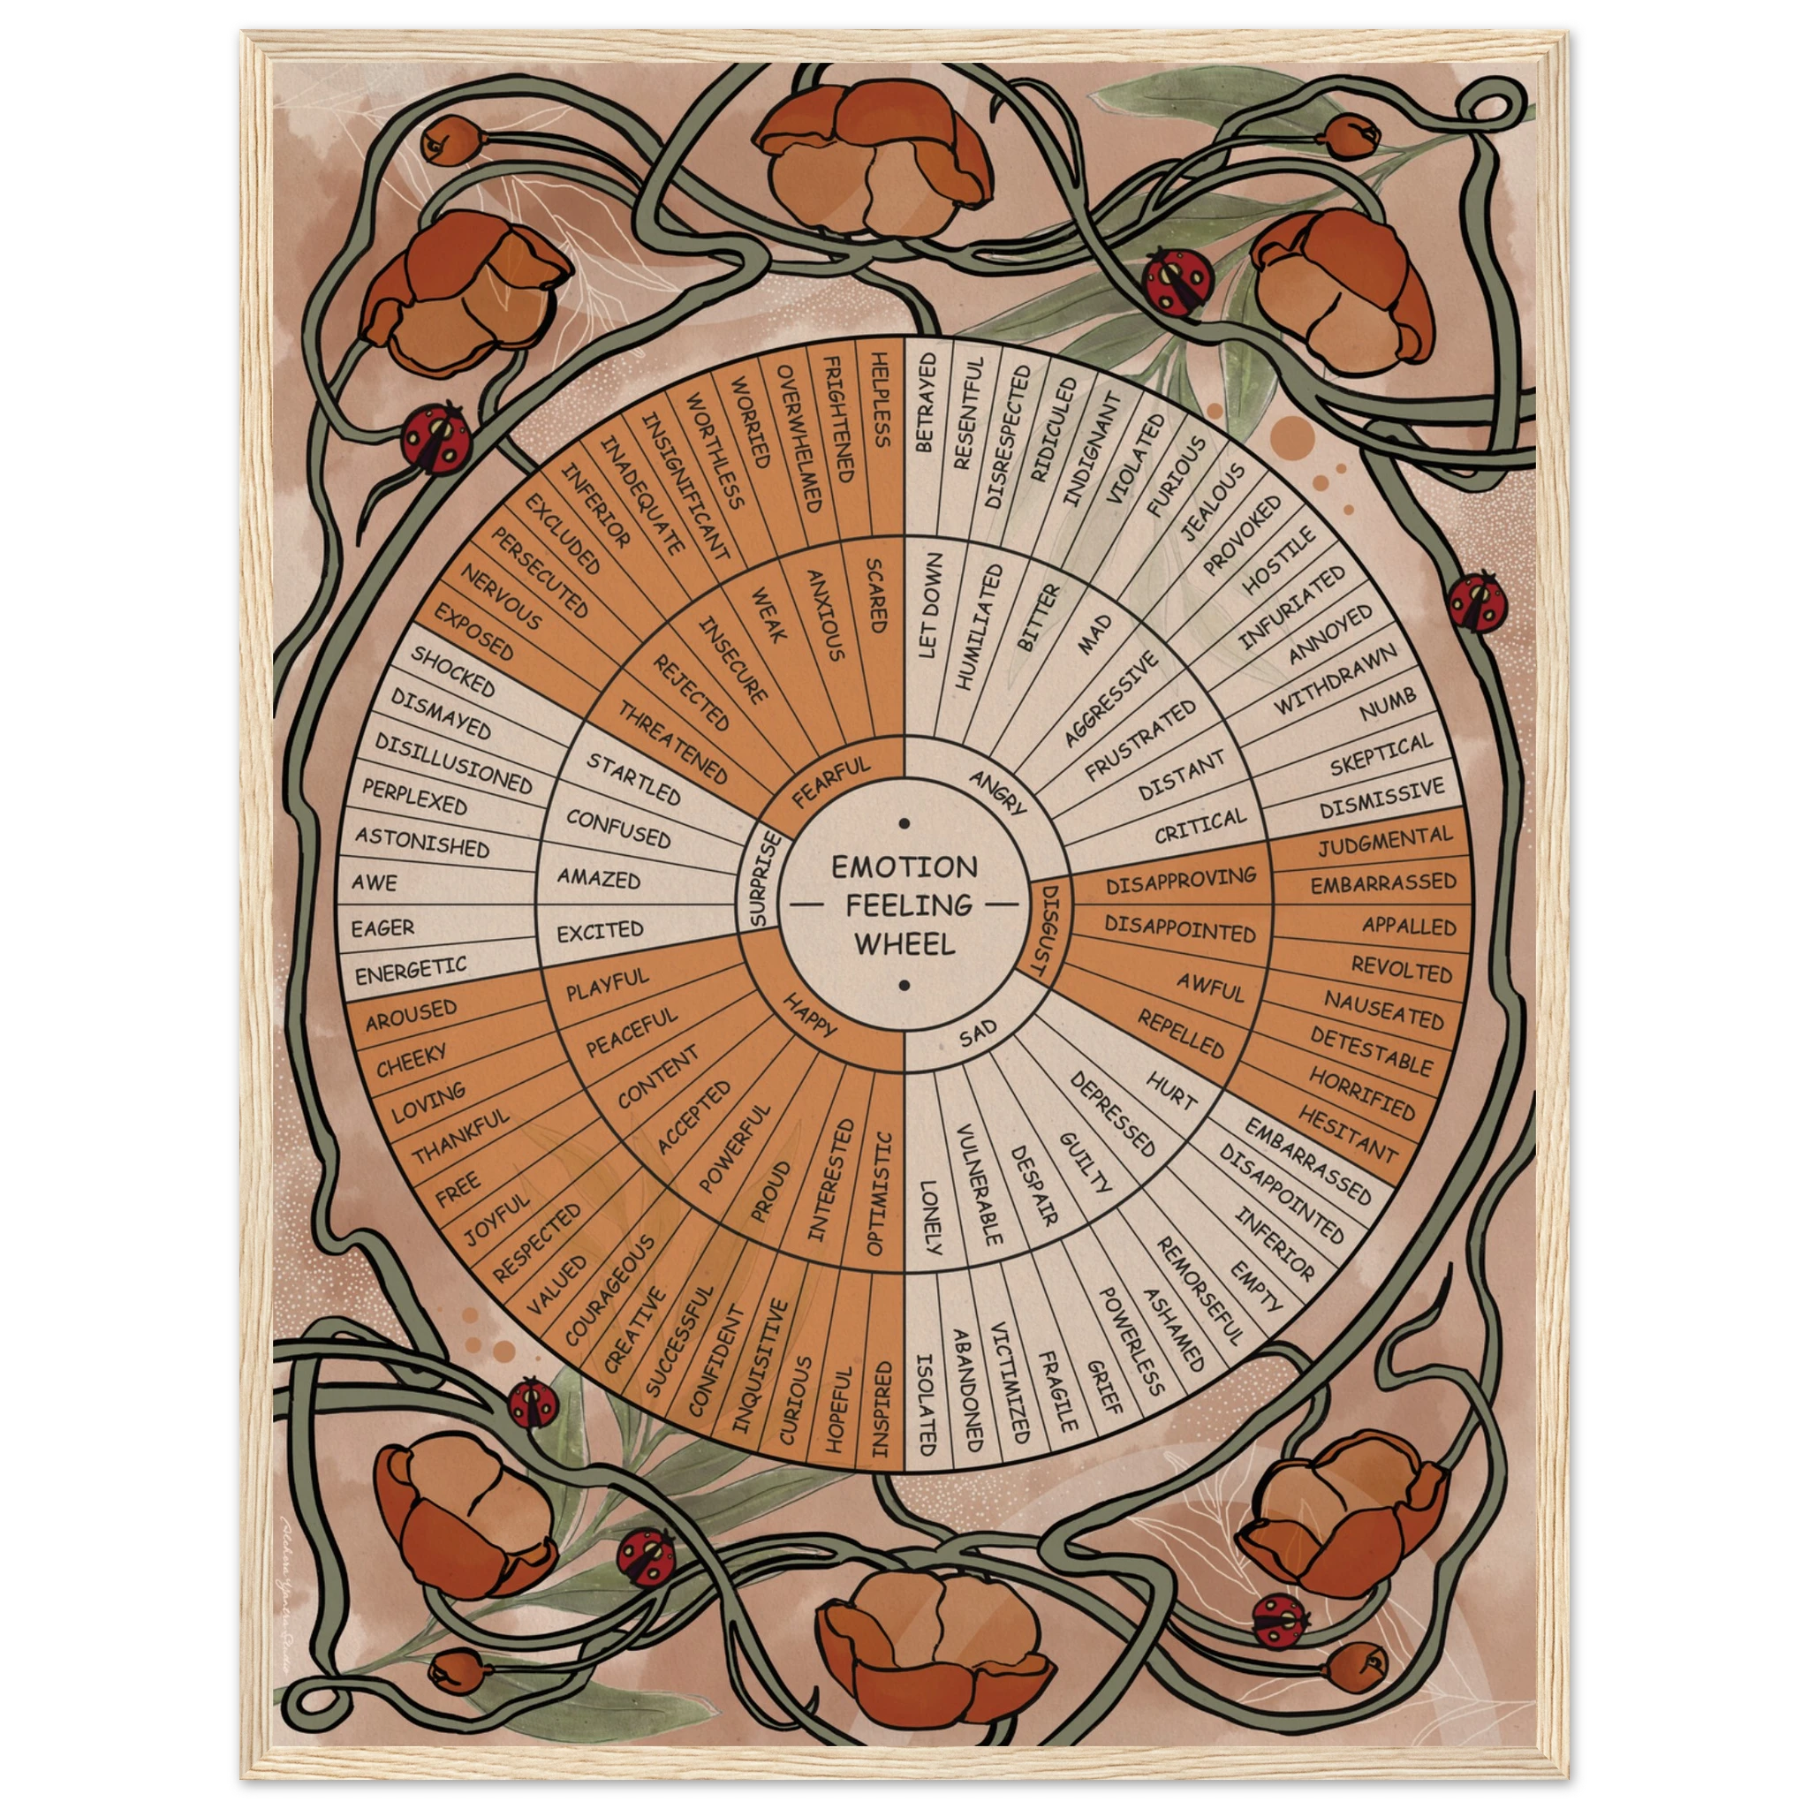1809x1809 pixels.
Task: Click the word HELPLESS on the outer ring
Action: click(x=880, y=399)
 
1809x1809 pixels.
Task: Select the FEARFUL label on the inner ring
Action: click(x=830, y=782)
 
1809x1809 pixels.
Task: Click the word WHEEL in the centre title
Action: click(x=904, y=942)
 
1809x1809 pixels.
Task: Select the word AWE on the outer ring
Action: click(x=375, y=882)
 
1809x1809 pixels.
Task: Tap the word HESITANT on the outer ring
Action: click(x=1346, y=1134)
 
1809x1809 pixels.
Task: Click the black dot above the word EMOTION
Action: click(x=904, y=824)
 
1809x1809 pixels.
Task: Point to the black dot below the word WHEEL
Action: click(x=904, y=985)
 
